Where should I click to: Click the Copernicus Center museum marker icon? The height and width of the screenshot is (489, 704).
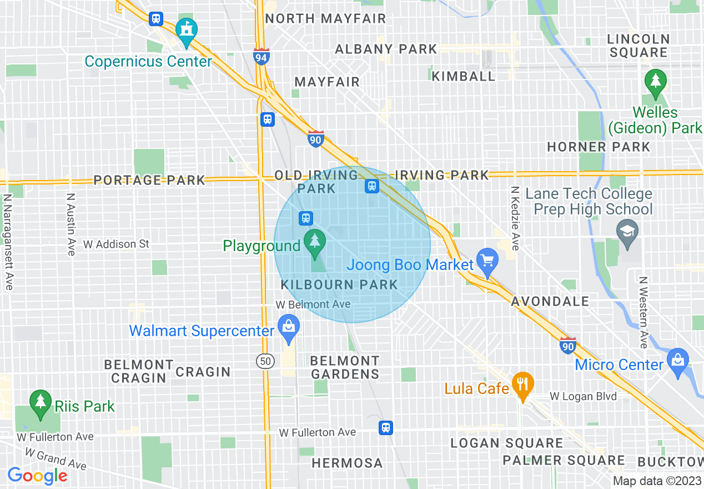[x=187, y=32]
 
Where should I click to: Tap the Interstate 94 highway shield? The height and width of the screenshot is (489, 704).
[x=262, y=56]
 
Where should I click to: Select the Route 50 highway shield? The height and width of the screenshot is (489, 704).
[x=265, y=361]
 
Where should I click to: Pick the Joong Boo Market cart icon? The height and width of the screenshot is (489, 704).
[x=487, y=262]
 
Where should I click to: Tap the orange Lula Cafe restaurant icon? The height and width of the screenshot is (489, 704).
[x=522, y=384]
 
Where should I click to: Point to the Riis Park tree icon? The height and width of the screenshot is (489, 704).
[x=40, y=403]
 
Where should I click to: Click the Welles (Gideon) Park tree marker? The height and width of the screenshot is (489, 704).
[x=656, y=82]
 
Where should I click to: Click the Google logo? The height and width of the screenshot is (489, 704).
[x=37, y=476]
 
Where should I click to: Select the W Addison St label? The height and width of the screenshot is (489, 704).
[x=117, y=244]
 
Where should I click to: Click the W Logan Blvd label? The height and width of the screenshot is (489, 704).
[x=583, y=396]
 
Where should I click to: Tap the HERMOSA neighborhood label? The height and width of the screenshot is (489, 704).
[x=347, y=463]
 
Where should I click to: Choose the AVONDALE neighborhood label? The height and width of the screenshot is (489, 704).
[x=550, y=301]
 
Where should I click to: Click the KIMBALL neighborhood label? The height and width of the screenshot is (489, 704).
[x=463, y=76]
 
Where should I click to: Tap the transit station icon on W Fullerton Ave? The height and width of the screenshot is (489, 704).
[x=386, y=427]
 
